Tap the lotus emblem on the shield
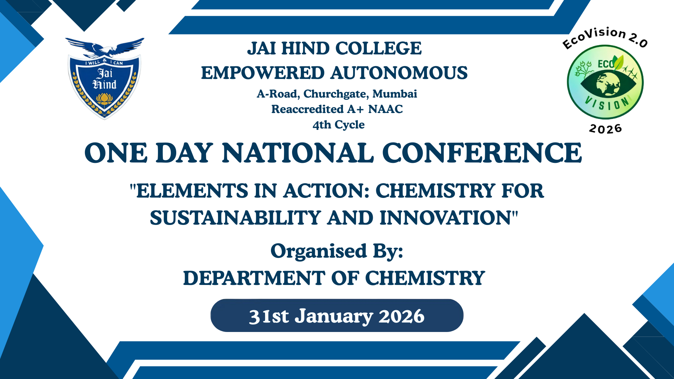(x=104, y=99)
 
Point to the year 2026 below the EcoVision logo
(x=606, y=129)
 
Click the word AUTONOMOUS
(x=399, y=73)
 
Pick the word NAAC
(x=385, y=109)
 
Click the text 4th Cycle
(x=339, y=125)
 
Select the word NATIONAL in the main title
(x=298, y=153)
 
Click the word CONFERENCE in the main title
(x=482, y=153)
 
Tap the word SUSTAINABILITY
(x=235, y=218)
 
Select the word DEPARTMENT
(x=254, y=278)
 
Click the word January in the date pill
(x=333, y=317)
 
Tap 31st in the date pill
(x=269, y=316)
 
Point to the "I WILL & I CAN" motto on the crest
(x=104, y=62)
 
